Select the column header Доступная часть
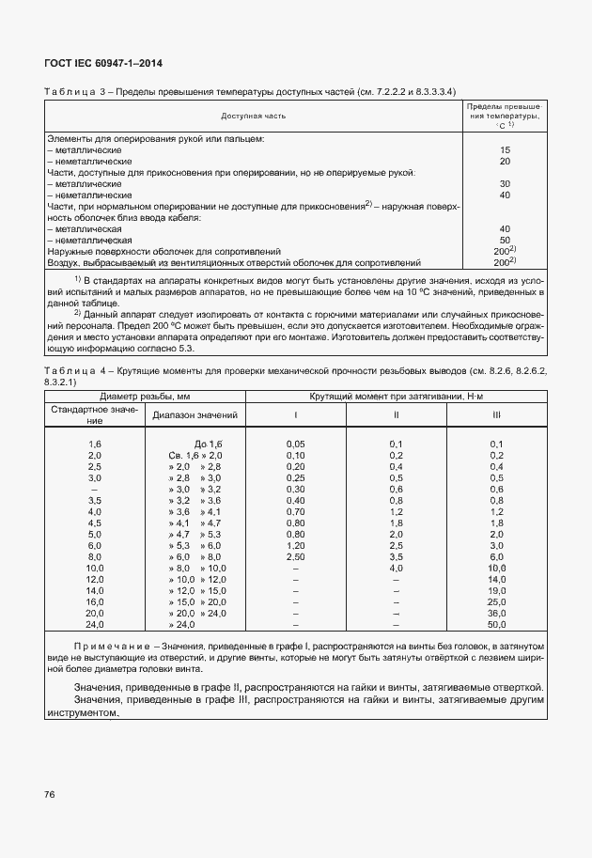[254, 117]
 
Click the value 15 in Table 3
[505, 149]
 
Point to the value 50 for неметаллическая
[505, 240]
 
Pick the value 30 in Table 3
[505, 183]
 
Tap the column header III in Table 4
[495, 414]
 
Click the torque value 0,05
[296, 444]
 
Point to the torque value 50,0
[496, 624]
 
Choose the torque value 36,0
[496, 613]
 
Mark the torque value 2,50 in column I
[296, 556]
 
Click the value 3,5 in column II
[396, 556]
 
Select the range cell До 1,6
[207, 444]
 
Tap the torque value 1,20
[296, 545]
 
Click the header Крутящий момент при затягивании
[396, 397]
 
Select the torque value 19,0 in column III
[496, 590]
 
